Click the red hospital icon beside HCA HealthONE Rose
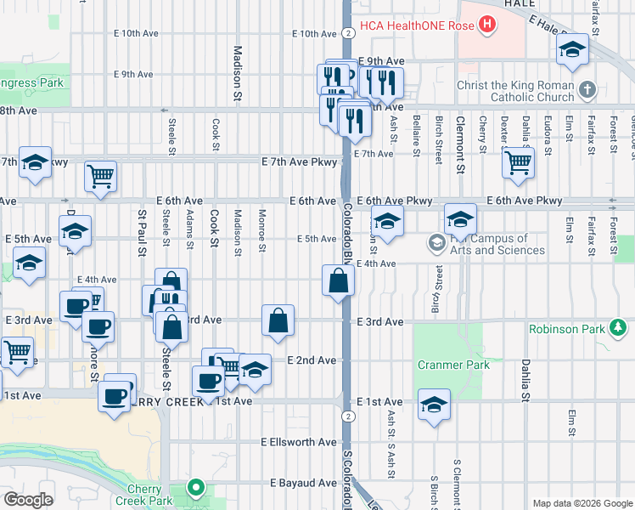tap(486, 25)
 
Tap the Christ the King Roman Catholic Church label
tap(514, 91)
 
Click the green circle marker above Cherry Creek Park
tap(196, 488)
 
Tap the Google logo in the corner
tap(27, 500)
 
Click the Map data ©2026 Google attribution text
tap(582, 503)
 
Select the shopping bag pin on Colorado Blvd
tap(338, 280)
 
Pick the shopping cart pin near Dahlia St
tap(518, 160)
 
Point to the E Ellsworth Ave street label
tap(299, 443)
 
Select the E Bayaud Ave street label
tap(303, 483)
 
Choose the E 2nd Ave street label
tap(312, 360)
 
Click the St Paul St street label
tap(142, 234)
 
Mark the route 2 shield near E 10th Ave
tap(349, 33)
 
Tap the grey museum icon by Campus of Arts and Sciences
tap(436, 245)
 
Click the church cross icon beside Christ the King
tap(587, 89)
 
